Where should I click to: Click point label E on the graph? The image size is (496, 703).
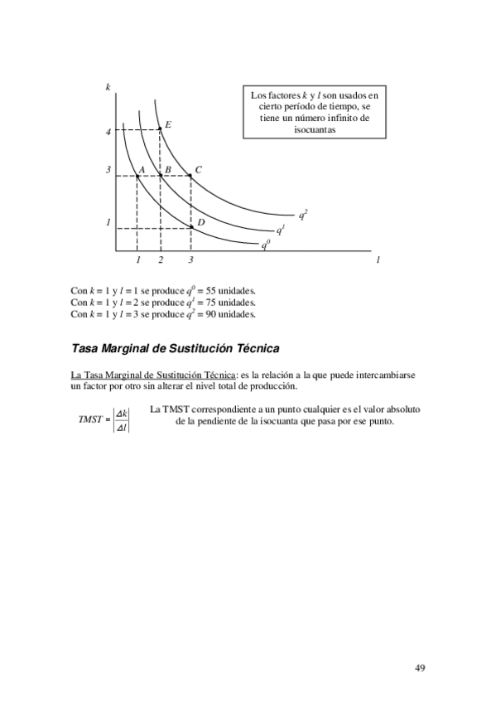pyautogui.click(x=168, y=125)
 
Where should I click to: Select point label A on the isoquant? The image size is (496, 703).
pyautogui.click(x=142, y=170)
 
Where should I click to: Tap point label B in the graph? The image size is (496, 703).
pyautogui.click(x=167, y=170)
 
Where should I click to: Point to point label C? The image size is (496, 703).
pyautogui.click(x=199, y=170)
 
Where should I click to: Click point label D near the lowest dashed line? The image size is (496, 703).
pyautogui.click(x=200, y=222)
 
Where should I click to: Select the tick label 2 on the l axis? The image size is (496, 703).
pyautogui.click(x=161, y=260)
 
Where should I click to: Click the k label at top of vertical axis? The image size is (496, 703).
pyautogui.click(x=108, y=87)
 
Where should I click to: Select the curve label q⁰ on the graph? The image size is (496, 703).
pyautogui.click(x=265, y=245)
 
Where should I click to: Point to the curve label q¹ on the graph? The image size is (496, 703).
pyautogui.click(x=281, y=230)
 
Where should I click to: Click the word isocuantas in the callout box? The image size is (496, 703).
pyautogui.click(x=314, y=130)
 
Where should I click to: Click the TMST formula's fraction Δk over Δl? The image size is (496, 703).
pyautogui.click(x=121, y=419)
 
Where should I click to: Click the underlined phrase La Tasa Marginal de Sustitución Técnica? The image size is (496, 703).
pyautogui.click(x=154, y=375)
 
